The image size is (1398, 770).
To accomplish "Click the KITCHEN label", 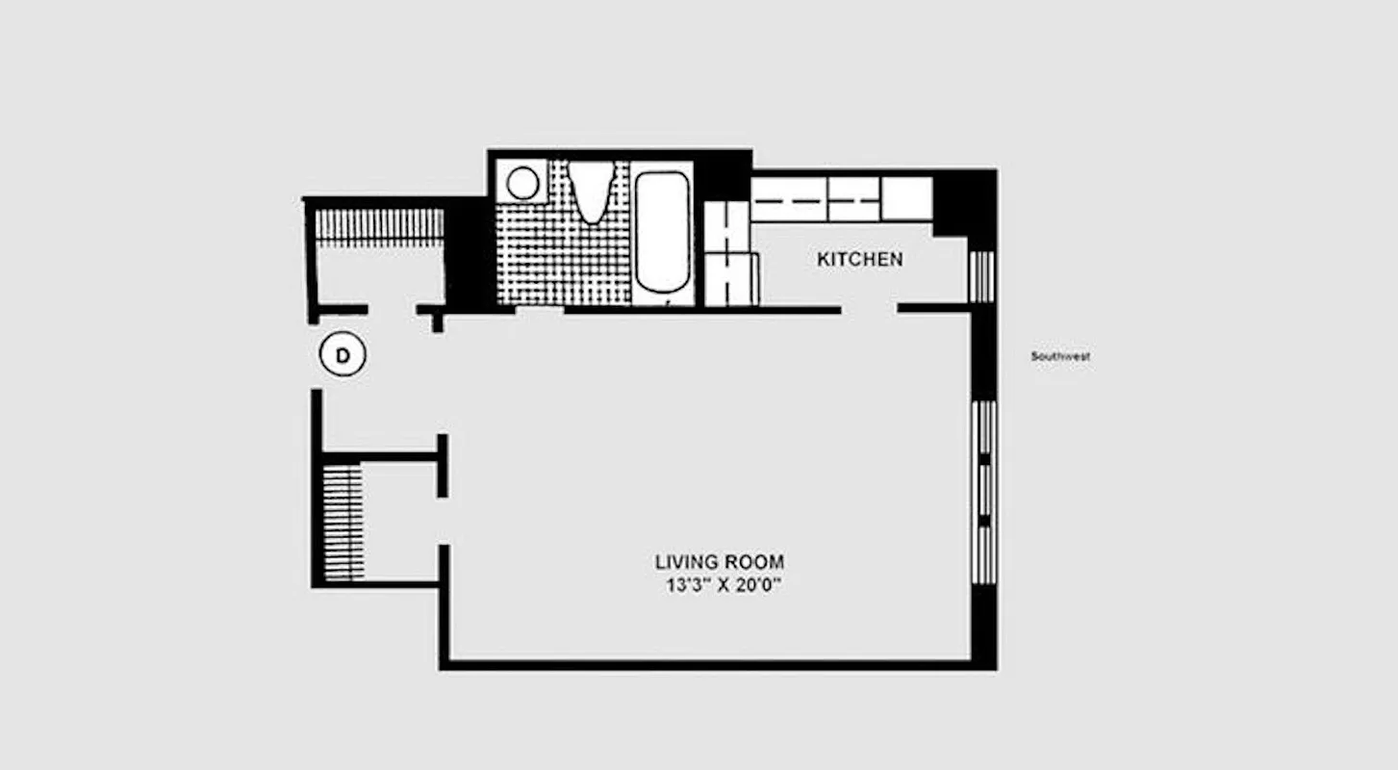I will coord(859,260).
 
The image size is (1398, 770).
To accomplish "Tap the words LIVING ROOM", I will coord(720,561).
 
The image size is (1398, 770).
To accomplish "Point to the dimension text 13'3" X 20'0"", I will coord(720,585).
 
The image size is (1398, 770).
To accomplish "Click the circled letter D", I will coord(343,357).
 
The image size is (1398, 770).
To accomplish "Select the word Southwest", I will coord(1060,356).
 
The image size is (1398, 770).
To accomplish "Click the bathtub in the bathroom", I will coord(663,231).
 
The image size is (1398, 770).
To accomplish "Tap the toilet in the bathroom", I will coord(590,190).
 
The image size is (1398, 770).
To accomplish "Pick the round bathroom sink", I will coord(522,183).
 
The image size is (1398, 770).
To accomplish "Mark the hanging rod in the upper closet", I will coord(380,226).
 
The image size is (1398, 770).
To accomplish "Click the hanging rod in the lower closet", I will coord(343,523).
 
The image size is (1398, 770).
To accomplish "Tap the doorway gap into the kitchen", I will coord(869,309).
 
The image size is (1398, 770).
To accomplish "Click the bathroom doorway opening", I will coord(539,310).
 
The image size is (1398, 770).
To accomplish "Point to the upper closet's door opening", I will coord(392,310).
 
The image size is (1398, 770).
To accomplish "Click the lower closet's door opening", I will coord(443,521).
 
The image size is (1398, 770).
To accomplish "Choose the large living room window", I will coord(983,492).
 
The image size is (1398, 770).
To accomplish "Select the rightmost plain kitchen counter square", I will coord(906,198).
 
